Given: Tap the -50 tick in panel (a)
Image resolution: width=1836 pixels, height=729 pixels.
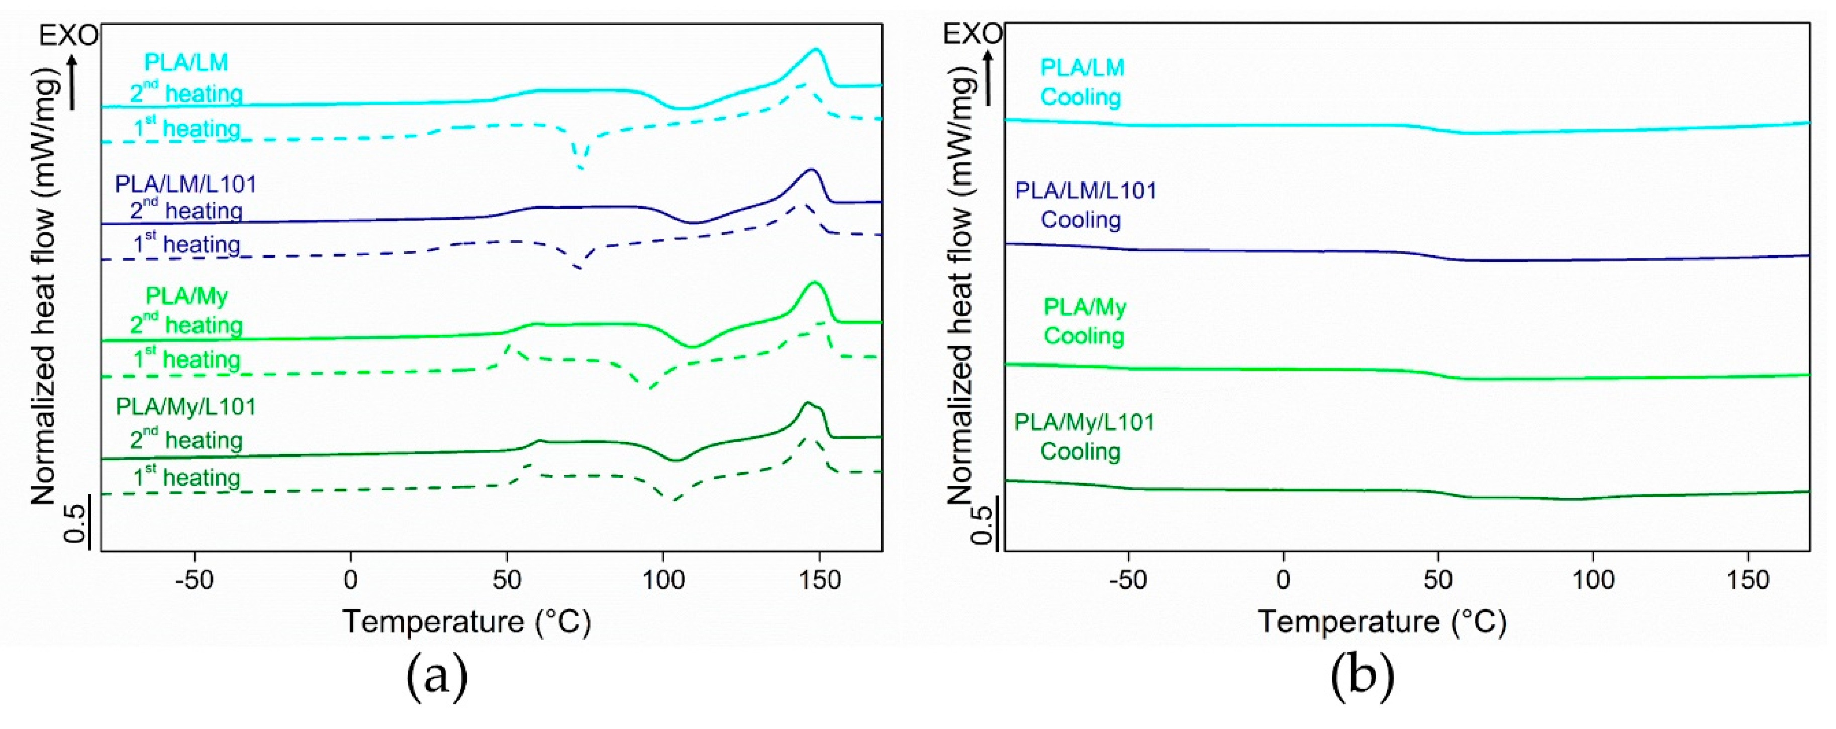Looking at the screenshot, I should coord(194,580).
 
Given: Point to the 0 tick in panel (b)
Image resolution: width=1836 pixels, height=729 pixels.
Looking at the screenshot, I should coord(1283,580).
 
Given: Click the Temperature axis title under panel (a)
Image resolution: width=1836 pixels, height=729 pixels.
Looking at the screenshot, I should coord(467,621).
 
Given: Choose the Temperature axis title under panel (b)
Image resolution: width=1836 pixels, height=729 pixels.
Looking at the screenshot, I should coord(1382,621).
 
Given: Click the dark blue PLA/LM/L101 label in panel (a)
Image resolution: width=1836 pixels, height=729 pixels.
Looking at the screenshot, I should coord(185,185).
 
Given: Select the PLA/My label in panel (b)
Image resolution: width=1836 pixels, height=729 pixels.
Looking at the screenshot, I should coord(1085,307).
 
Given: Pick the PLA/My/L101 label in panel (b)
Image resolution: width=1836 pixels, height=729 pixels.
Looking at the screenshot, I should coord(1084,423).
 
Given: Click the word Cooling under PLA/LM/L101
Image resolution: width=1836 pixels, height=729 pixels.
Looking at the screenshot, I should coord(1081,220).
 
